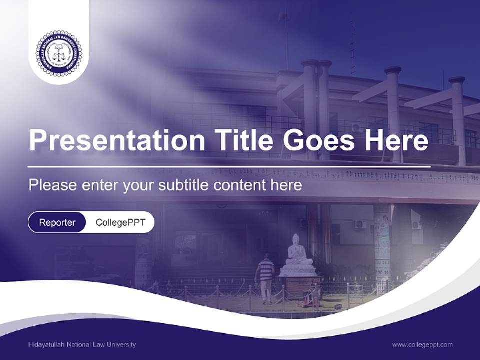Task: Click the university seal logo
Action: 58,53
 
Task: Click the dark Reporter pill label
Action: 57,223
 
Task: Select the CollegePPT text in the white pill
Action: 120,223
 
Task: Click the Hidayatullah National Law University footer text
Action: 82,345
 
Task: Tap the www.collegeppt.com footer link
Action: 422,345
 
